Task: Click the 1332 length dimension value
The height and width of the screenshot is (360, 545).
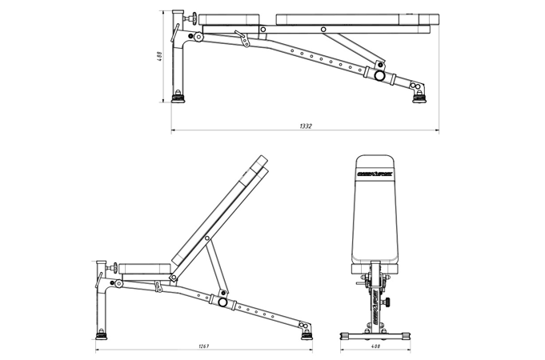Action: tap(305, 126)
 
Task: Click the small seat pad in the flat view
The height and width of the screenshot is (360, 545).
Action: tap(232, 19)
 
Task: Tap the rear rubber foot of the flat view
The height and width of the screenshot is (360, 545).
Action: tap(418, 96)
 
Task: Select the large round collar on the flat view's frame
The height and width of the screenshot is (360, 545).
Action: tap(379, 76)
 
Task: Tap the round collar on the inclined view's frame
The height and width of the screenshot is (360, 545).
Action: tap(222, 302)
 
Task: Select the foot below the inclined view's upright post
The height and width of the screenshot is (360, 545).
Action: tap(101, 334)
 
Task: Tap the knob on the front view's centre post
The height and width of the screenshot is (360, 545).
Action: tap(388, 302)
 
